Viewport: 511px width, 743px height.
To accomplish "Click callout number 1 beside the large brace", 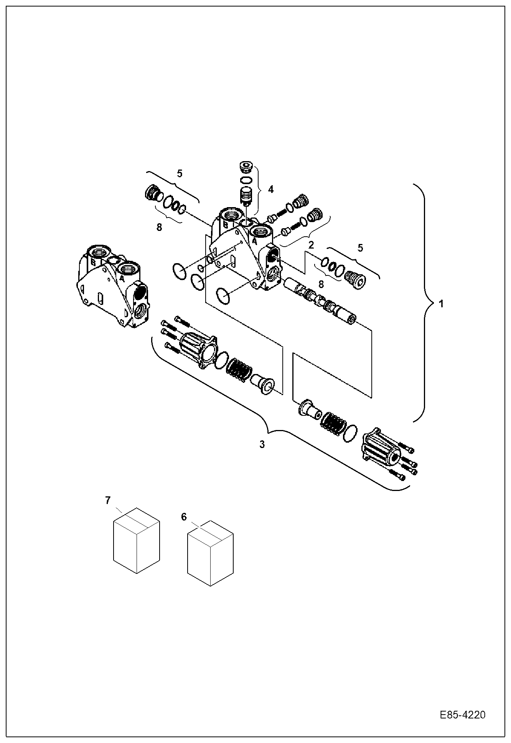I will pyautogui.click(x=441, y=304).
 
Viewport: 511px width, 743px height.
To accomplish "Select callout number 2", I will pyautogui.click(x=311, y=244).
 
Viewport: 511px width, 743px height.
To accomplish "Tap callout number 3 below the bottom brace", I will pyautogui.click(x=262, y=445).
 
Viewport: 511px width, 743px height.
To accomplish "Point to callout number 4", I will pyautogui.click(x=271, y=189).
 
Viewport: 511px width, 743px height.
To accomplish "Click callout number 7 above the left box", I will pyautogui.click(x=108, y=500).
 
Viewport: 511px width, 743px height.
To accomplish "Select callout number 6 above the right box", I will pyautogui.click(x=184, y=517).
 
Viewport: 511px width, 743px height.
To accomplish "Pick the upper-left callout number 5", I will pyautogui.click(x=180, y=173).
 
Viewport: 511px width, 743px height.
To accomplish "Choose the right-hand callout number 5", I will pyautogui.click(x=360, y=248).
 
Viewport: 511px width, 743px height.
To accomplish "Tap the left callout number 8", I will pyautogui.click(x=159, y=227).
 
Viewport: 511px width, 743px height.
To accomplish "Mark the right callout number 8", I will pyautogui.click(x=321, y=284).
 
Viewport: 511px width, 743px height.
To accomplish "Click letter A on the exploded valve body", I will pyautogui.click(x=254, y=241).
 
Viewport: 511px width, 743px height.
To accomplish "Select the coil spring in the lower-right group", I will pyautogui.click(x=333, y=423).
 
